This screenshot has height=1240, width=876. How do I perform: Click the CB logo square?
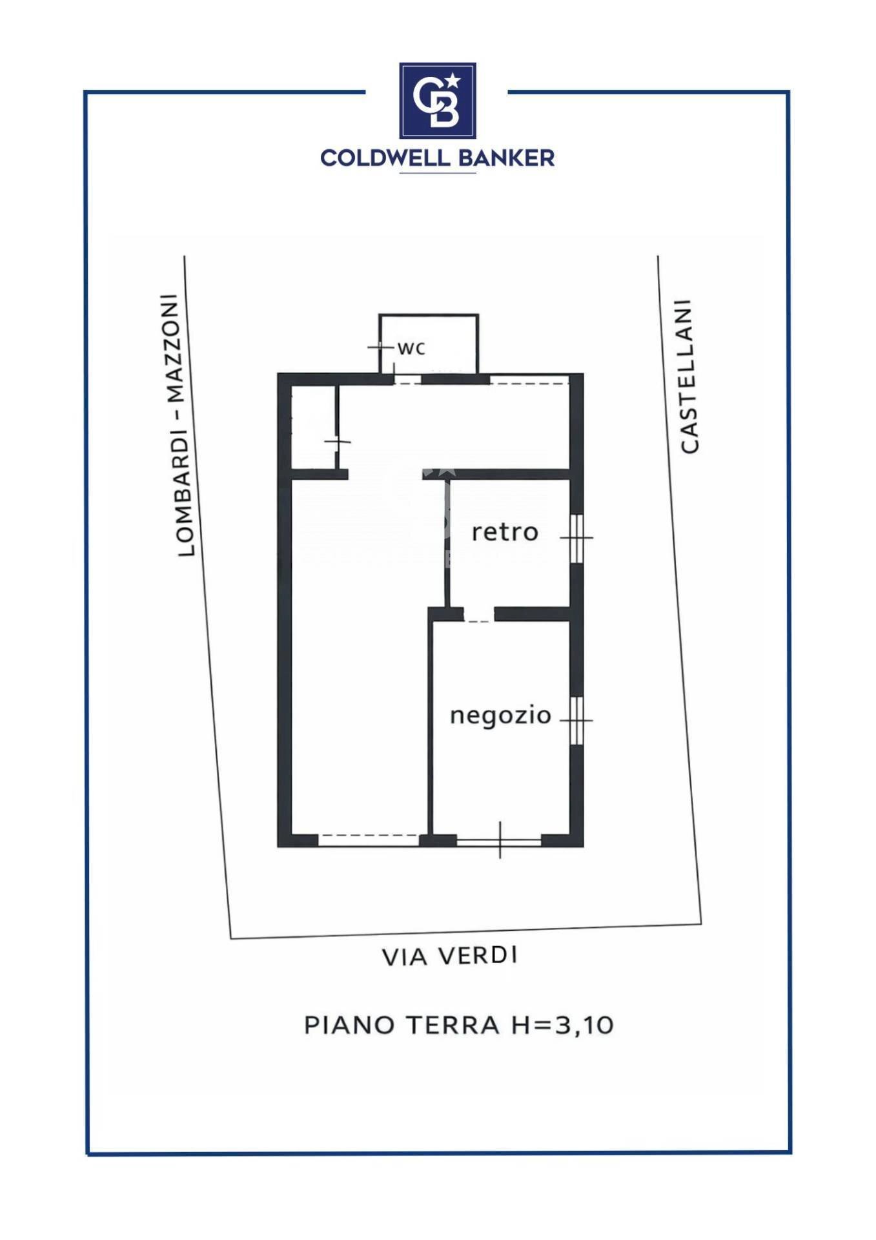[437, 101]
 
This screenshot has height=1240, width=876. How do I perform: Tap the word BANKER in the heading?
[506, 158]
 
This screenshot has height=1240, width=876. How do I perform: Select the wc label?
[411, 349]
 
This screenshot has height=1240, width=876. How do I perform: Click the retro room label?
[504, 532]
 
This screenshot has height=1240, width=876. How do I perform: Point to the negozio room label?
[500, 716]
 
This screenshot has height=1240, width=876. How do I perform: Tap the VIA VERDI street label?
[449, 956]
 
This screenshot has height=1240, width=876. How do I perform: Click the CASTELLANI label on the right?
[688, 376]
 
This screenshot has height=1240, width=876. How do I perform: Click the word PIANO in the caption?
[349, 1025]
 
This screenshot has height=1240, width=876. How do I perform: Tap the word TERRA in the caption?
[453, 1025]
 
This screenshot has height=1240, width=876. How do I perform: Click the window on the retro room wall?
[576, 537]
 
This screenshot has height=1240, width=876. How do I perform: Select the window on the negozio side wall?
[576, 719]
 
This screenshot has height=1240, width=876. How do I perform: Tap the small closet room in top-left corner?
[313, 428]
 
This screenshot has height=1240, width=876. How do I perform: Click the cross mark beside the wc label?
[380, 347]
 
